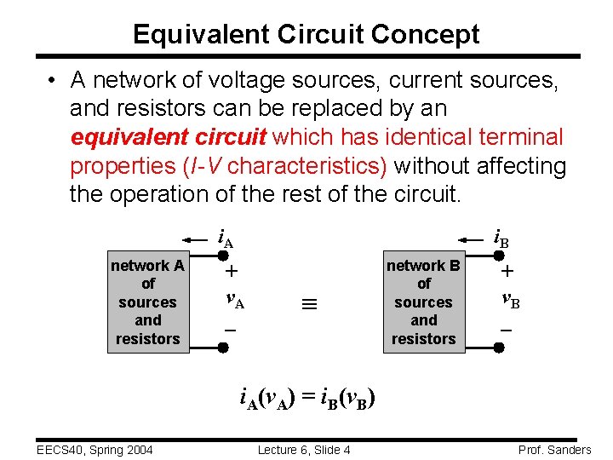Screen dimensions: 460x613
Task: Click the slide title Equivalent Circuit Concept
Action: click(306, 34)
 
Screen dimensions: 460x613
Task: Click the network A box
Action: click(148, 302)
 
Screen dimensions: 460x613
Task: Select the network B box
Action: click(423, 302)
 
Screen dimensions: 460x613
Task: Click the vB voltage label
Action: click(511, 300)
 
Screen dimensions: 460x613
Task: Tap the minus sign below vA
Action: click(230, 328)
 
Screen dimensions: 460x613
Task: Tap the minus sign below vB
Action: click(506, 329)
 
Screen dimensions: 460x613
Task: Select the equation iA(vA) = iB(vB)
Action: click(307, 397)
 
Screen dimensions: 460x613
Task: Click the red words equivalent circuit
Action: click(169, 136)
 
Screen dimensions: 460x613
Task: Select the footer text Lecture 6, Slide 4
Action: click(304, 449)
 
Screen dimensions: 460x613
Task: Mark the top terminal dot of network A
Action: click(223, 255)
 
